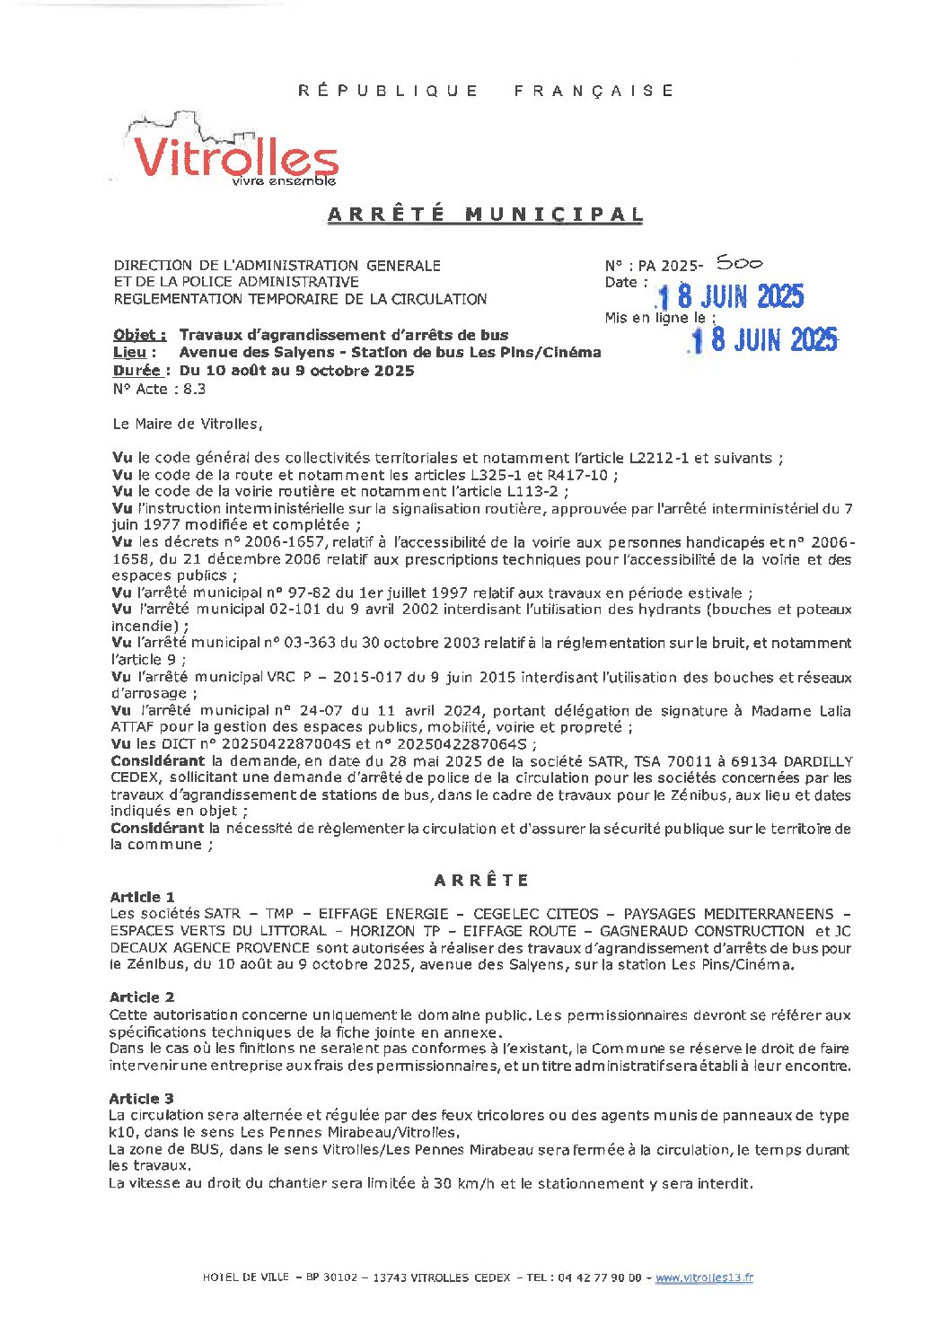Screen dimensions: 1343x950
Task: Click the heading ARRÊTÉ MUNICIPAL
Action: [486, 215]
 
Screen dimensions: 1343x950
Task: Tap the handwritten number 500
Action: [739, 263]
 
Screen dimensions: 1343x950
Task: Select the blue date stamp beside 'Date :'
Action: [730, 297]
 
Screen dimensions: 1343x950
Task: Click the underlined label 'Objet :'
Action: [139, 335]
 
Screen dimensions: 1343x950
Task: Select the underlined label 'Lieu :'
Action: [129, 353]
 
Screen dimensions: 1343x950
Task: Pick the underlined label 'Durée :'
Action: [137, 371]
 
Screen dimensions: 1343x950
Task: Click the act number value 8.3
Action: [195, 389]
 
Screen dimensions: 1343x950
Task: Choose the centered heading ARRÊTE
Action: [481, 880]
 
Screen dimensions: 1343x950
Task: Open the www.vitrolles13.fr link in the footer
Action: [704, 1277]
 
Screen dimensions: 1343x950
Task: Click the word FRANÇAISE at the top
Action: [594, 91]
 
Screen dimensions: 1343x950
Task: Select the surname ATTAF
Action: [133, 727]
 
